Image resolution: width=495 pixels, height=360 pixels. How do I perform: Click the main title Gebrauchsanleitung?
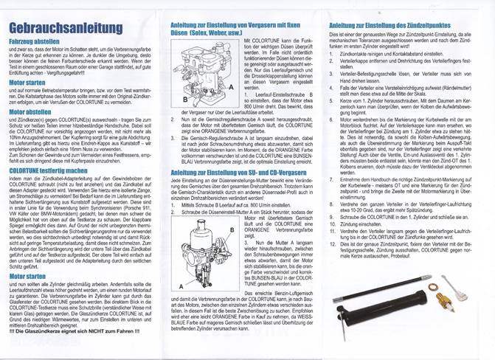65,29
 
